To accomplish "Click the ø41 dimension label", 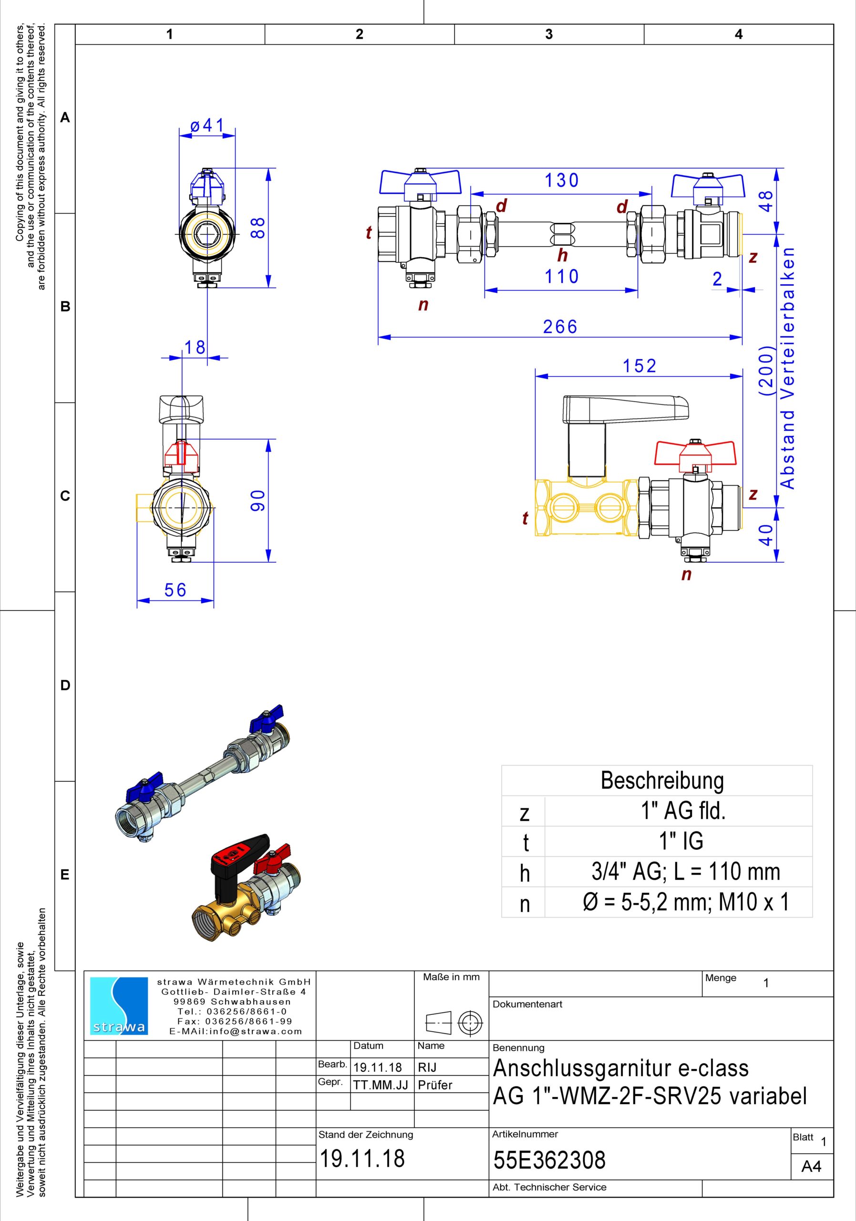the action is pos(207,126).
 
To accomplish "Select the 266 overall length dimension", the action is pos(560,327).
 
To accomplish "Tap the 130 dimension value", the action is pos(561,181).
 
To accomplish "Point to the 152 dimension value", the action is pos(639,366).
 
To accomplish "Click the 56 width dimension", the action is pos(175,590).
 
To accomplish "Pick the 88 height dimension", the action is pos(258,228).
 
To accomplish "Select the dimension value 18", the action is pos(194,347).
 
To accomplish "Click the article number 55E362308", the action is pos(549,1160).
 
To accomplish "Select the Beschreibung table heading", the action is pos(662,780).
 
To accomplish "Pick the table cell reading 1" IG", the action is pos(681,841).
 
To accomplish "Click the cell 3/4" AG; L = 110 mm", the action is pos(686,871).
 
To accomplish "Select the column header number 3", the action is pos(549,34).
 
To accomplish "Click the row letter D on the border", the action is pos(65,685).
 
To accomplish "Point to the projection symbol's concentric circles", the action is pos(470,1023).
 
